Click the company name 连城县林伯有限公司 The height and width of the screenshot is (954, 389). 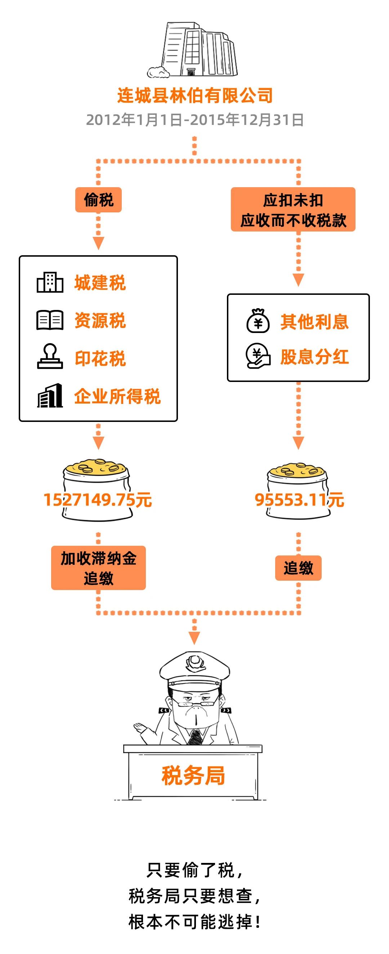[x=195, y=95]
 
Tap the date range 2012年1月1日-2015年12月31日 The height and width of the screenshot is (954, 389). [x=195, y=120]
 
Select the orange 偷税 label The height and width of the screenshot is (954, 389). [x=98, y=200]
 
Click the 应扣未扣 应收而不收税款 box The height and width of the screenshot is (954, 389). [x=293, y=210]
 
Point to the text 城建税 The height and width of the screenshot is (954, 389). [x=100, y=283]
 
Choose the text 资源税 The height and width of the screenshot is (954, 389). [x=100, y=320]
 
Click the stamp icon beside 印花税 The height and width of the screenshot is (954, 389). [x=50, y=356]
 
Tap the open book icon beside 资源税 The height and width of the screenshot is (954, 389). [x=50, y=320]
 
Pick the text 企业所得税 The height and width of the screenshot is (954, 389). [x=117, y=396]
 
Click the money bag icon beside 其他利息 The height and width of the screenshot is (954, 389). [x=258, y=321]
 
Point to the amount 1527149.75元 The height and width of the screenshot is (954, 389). [x=98, y=500]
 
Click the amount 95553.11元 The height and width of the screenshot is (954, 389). [x=299, y=500]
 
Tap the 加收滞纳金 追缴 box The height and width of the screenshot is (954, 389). [x=99, y=568]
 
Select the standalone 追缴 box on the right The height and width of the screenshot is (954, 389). [x=298, y=568]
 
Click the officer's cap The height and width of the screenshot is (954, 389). [x=194, y=670]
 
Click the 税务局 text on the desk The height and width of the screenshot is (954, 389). [x=193, y=776]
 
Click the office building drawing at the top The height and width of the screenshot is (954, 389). [x=193, y=50]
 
